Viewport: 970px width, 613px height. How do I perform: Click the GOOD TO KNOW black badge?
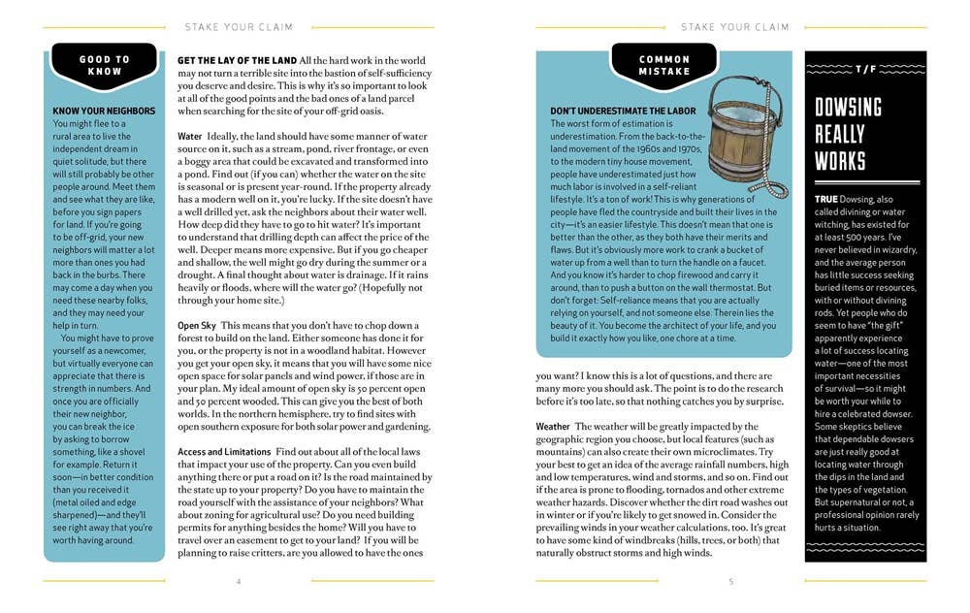[104, 65]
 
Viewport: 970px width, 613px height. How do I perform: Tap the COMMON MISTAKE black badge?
[663, 65]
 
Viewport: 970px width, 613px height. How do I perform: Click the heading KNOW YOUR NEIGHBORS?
[104, 112]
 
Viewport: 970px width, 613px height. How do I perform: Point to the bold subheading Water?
[190, 137]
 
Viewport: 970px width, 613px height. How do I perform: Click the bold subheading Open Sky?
[198, 325]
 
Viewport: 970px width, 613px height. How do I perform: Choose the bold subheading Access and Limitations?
[224, 452]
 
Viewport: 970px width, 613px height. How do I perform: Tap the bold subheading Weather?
[554, 427]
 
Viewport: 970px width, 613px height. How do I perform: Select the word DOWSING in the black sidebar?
[848, 108]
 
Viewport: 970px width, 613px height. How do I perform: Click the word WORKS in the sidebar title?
[840, 160]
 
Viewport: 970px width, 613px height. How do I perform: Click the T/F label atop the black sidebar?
[865, 70]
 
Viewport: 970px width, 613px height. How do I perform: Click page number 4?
[239, 581]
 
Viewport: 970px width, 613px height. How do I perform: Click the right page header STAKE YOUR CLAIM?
[734, 27]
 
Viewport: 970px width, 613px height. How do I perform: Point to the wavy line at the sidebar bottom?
[865, 545]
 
